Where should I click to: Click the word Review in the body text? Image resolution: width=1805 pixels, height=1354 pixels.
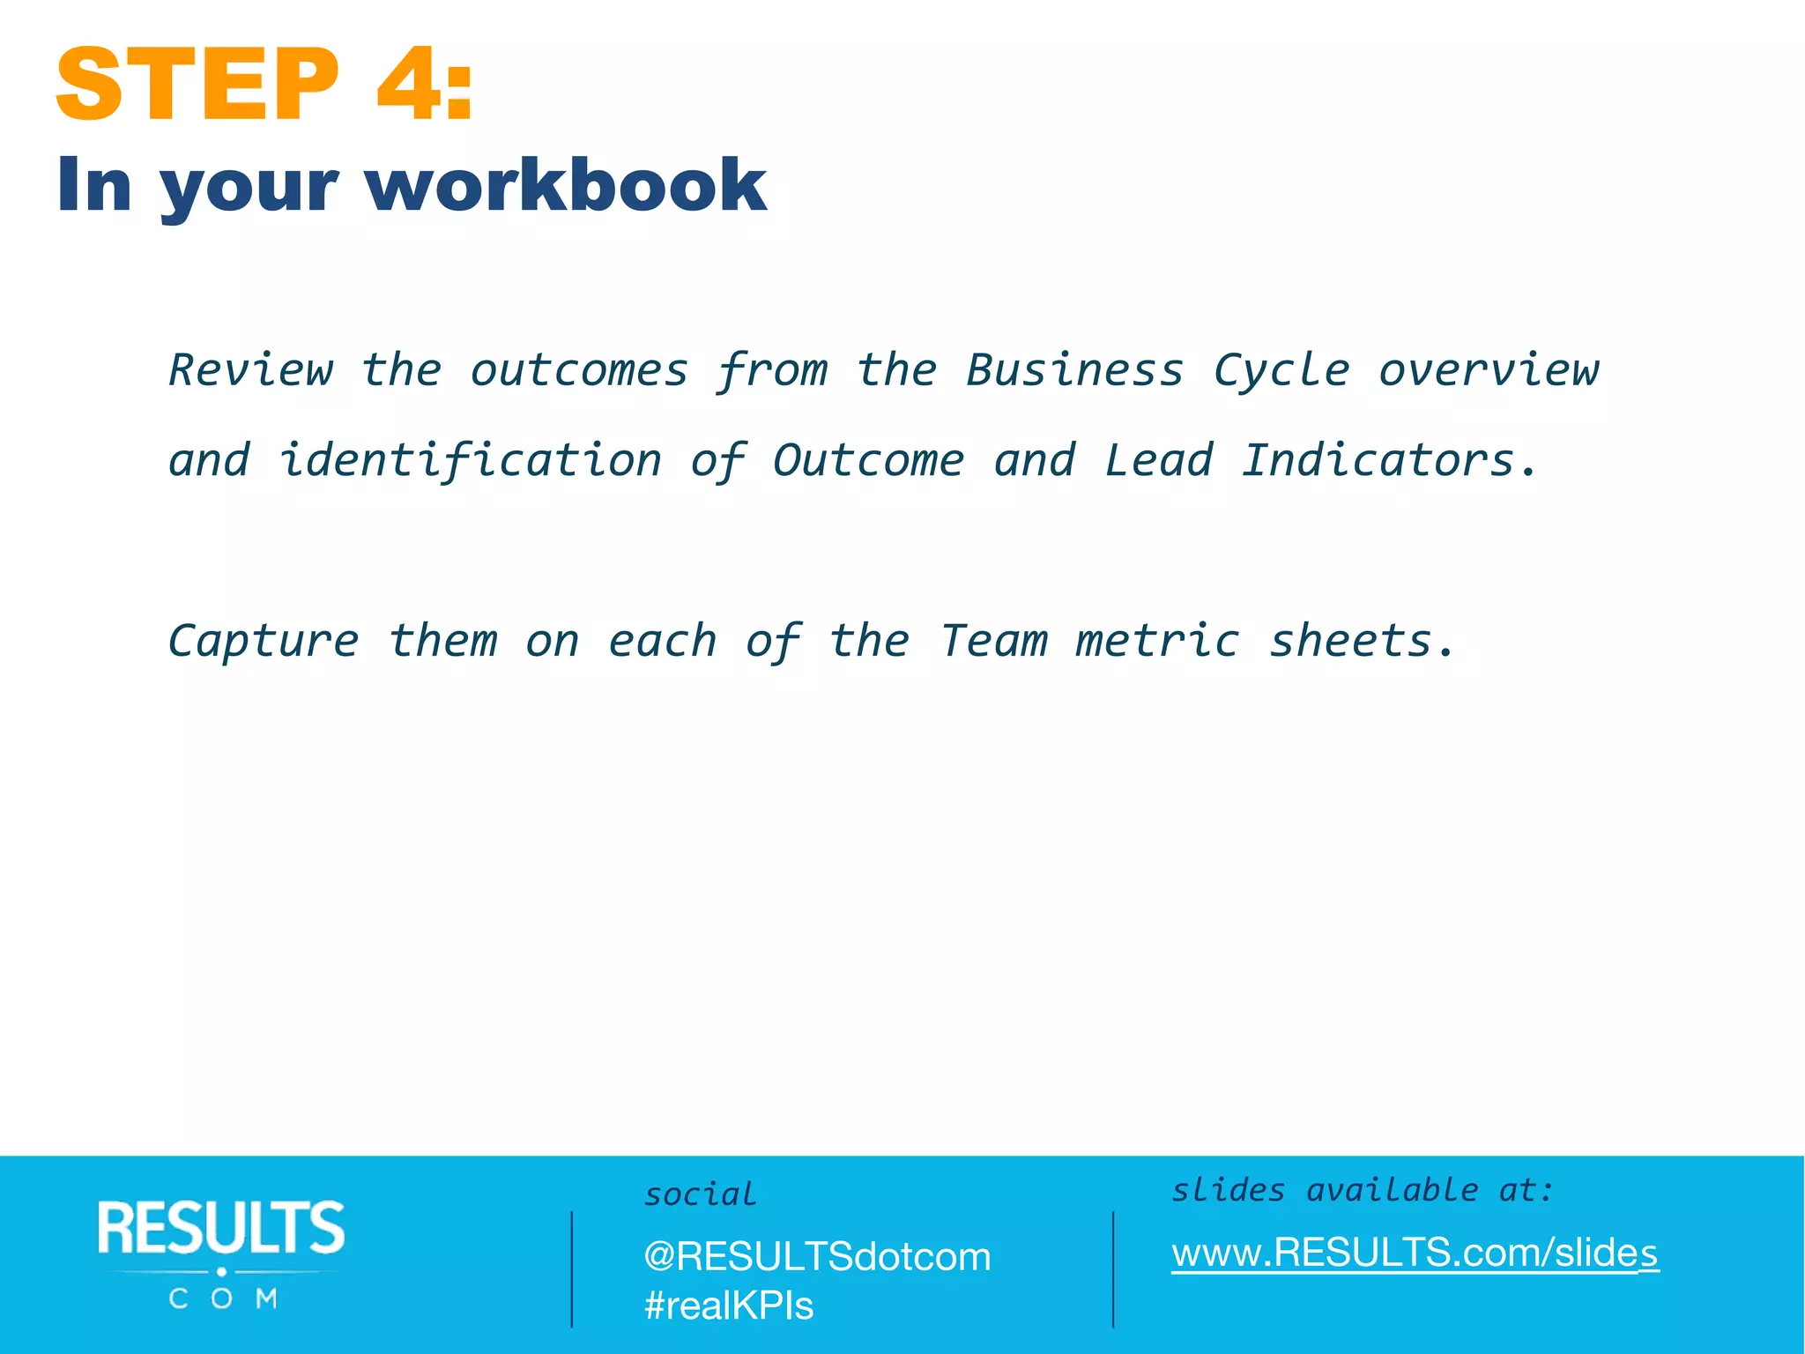click(251, 370)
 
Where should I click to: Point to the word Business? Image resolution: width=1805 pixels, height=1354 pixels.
click(1074, 370)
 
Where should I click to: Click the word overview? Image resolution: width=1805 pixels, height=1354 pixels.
click(1489, 370)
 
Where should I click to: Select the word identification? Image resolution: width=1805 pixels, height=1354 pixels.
click(470, 461)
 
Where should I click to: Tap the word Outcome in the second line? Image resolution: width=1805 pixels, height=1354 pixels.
click(868, 461)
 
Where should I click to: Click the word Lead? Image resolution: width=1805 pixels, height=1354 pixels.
click(1158, 461)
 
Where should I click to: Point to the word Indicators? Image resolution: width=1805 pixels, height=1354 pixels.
click(1378, 461)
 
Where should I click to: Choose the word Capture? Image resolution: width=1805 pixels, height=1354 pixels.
click(264, 642)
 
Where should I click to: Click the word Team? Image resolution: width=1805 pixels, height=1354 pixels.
click(993, 641)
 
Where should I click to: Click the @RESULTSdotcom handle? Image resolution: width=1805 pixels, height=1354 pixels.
click(817, 1257)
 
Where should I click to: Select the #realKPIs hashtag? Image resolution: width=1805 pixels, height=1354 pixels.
click(729, 1306)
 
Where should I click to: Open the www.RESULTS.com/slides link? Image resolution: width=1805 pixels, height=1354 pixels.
click(1415, 1253)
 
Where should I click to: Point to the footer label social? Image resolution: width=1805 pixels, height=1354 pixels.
click(701, 1195)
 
